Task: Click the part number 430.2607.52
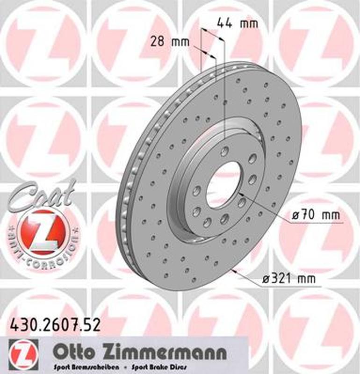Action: (x=55, y=325)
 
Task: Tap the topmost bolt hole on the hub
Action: (x=225, y=151)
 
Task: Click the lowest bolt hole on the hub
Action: (x=207, y=222)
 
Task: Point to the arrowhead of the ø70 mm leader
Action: (x=241, y=193)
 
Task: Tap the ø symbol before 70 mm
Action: (x=295, y=216)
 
